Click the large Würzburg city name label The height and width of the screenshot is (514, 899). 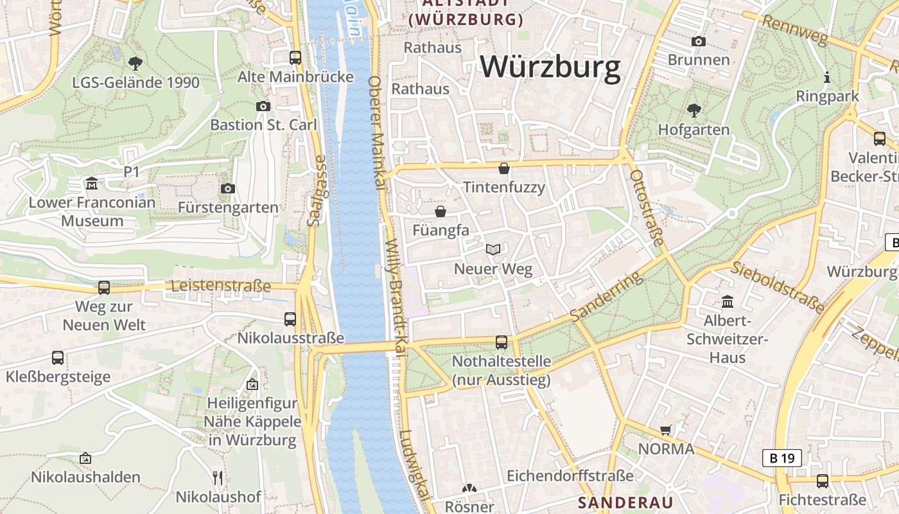(550, 67)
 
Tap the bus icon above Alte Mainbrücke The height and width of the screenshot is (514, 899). (295, 58)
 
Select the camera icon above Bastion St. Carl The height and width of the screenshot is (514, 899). (263, 106)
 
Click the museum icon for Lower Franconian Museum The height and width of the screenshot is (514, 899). (92, 184)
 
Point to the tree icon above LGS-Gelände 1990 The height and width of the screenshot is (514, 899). (135, 63)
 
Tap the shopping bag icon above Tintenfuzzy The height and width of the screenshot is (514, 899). (504, 169)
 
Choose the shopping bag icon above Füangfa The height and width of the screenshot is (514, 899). (441, 211)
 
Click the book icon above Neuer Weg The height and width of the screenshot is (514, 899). (493, 249)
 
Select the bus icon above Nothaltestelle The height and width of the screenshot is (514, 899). (502, 342)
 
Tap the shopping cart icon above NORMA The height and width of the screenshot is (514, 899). (666, 430)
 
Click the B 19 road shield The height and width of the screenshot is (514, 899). (781, 458)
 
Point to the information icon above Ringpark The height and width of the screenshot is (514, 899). (827, 78)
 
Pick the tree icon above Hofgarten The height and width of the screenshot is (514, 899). (694, 111)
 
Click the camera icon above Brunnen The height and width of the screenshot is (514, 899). (699, 42)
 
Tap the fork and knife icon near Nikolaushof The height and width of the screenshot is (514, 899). (218, 477)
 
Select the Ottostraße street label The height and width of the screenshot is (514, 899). (647, 208)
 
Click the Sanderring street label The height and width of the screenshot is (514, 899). (606, 296)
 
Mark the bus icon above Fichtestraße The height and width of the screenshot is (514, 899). (822, 481)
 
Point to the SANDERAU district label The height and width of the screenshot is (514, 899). (625, 502)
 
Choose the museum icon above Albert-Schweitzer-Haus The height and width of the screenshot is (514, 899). (728, 301)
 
